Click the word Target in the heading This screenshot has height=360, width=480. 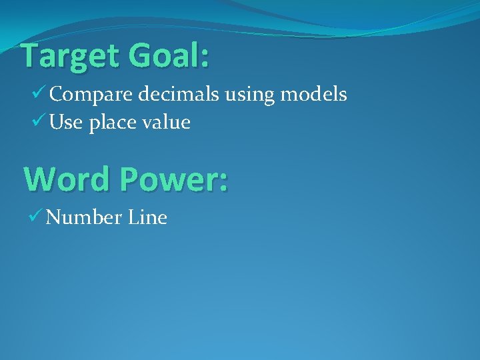(x=69, y=57)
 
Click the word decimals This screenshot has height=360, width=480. (x=179, y=95)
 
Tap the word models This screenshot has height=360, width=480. (x=313, y=95)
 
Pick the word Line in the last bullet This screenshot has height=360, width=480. (x=144, y=217)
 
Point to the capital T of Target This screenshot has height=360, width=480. (x=31, y=56)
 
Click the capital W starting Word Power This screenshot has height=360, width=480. (x=39, y=179)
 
